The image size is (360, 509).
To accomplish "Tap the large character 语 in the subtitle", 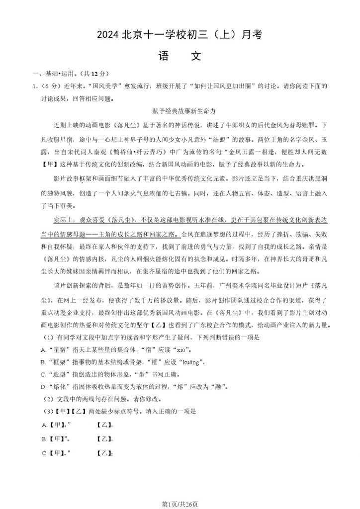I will coord(165,56).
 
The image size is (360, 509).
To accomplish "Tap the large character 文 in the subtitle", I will coord(195,56).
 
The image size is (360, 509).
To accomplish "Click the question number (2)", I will coord(48,399).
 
